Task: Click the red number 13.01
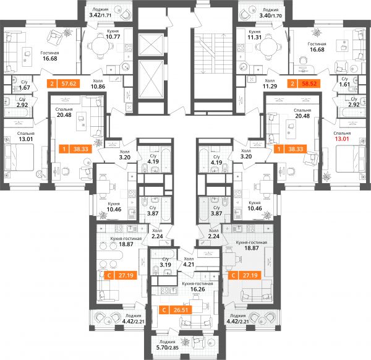[342, 139]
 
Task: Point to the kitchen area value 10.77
[113, 36]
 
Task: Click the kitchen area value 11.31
[254, 37]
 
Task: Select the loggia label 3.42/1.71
[100, 15]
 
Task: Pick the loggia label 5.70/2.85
[168, 348]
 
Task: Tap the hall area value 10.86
[98, 87]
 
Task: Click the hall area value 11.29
[270, 86]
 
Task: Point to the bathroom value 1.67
[24, 88]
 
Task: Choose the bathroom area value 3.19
[165, 265]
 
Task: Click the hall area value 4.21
[189, 264]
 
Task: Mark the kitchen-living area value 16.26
[198, 289]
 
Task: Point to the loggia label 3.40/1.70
[270, 15]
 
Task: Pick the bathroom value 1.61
[344, 84]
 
